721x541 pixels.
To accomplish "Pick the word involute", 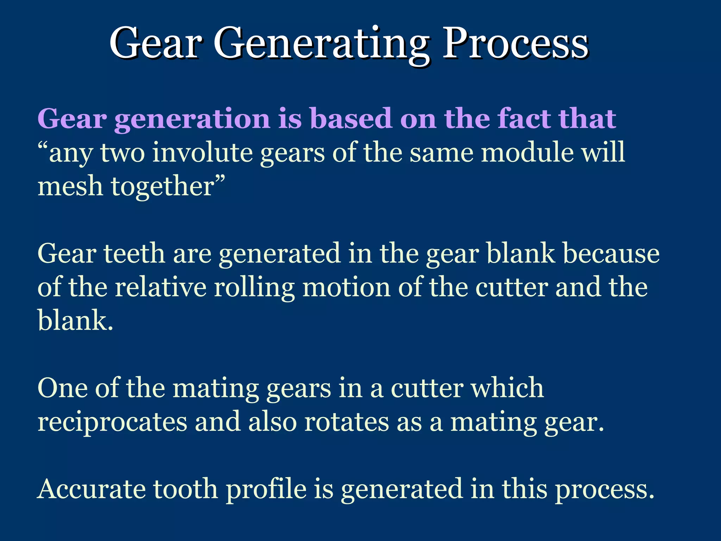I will tap(202, 153).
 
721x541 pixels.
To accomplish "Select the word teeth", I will tap(134, 254).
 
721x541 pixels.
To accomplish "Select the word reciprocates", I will tap(112, 423).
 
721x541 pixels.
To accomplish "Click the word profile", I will tap(266, 490).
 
